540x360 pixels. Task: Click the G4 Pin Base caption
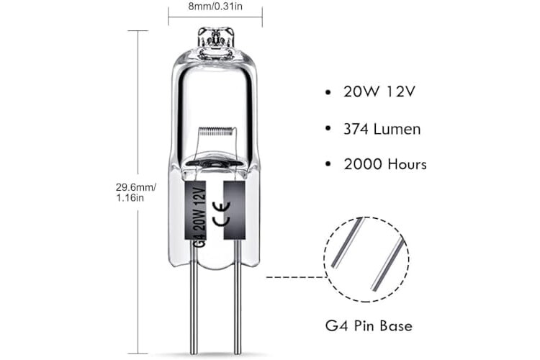click(369, 326)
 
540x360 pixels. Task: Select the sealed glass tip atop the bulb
click(215, 37)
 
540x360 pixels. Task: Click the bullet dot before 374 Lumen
click(329, 129)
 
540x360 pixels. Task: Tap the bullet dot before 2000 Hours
click(329, 164)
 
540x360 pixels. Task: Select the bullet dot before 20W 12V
click(329, 93)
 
